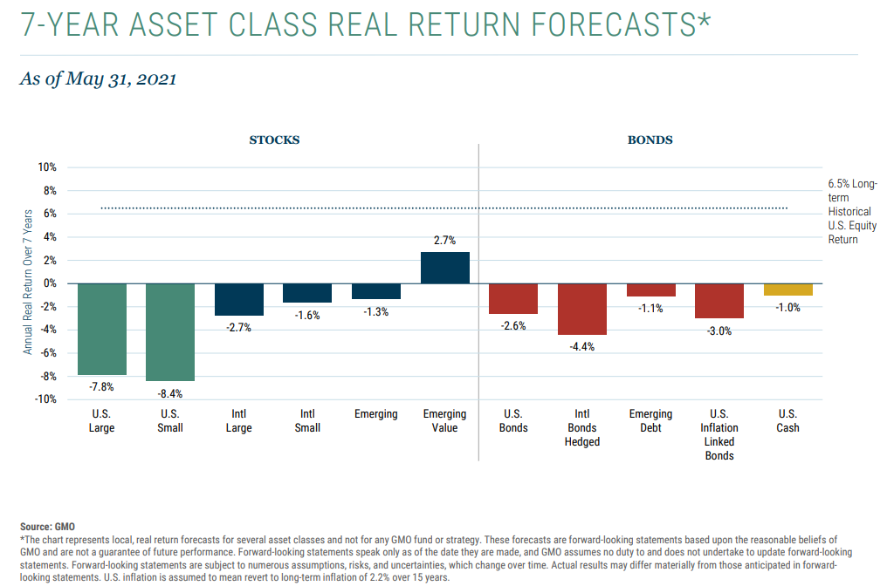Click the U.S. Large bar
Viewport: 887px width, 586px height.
(102, 329)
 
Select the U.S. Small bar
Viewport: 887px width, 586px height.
(170, 332)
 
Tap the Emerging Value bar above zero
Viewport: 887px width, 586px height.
(444, 268)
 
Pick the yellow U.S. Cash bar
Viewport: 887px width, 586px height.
(787, 290)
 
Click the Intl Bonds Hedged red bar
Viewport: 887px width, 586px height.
(582, 309)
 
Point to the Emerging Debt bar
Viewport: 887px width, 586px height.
(650, 290)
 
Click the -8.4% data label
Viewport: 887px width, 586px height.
(170, 393)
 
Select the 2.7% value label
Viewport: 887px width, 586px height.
(444, 241)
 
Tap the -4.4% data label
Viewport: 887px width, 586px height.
(582, 346)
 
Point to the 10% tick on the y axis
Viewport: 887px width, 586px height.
(46, 167)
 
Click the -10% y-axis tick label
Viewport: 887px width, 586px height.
(45, 399)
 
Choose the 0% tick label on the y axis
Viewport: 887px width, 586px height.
(49, 283)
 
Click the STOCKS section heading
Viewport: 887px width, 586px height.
(274, 140)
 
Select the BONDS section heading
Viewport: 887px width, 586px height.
(650, 140)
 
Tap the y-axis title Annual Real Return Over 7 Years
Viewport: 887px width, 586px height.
(27, 283)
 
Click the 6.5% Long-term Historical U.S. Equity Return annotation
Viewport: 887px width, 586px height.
(853, 211)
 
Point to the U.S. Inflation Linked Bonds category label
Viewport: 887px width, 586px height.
(719, 434)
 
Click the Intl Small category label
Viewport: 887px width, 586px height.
(307, 420)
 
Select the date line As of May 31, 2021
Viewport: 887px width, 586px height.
(98, 78)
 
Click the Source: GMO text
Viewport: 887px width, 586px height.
(47, 527)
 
